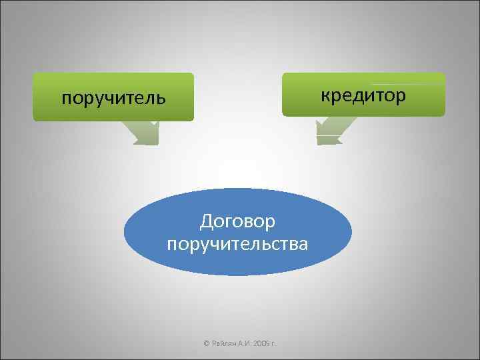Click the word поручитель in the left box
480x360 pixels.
click(113, 99)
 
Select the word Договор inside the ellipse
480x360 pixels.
click(237, 220)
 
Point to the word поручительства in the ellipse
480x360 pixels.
click(237, 243)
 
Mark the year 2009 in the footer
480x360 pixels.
click(261, 343)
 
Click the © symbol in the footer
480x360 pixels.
click(206, 343)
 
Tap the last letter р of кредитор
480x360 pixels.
click(400, 97)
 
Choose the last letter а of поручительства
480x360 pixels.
click(303, 244)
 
